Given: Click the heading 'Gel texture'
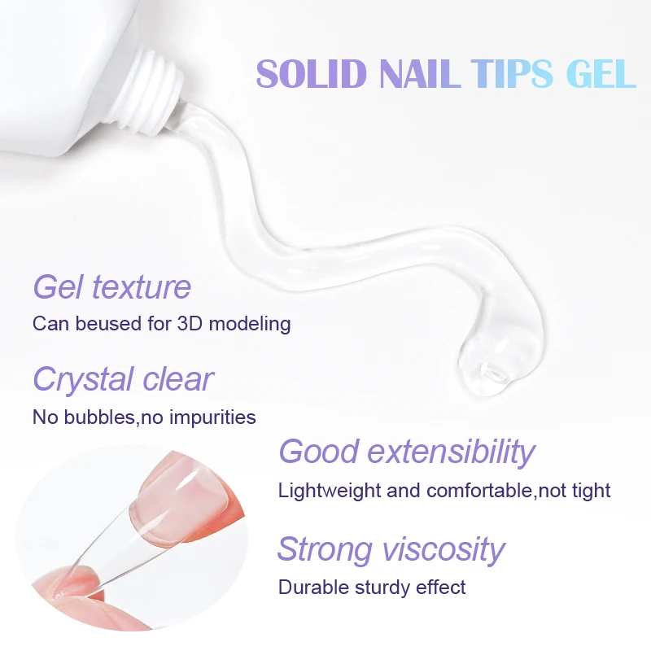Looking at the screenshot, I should [x=112, y=287].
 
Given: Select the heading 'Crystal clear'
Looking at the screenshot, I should [x=123, y=379].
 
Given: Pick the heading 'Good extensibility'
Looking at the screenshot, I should [x=407, y=451].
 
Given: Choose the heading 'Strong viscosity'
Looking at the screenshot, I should [x=391, y=549].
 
